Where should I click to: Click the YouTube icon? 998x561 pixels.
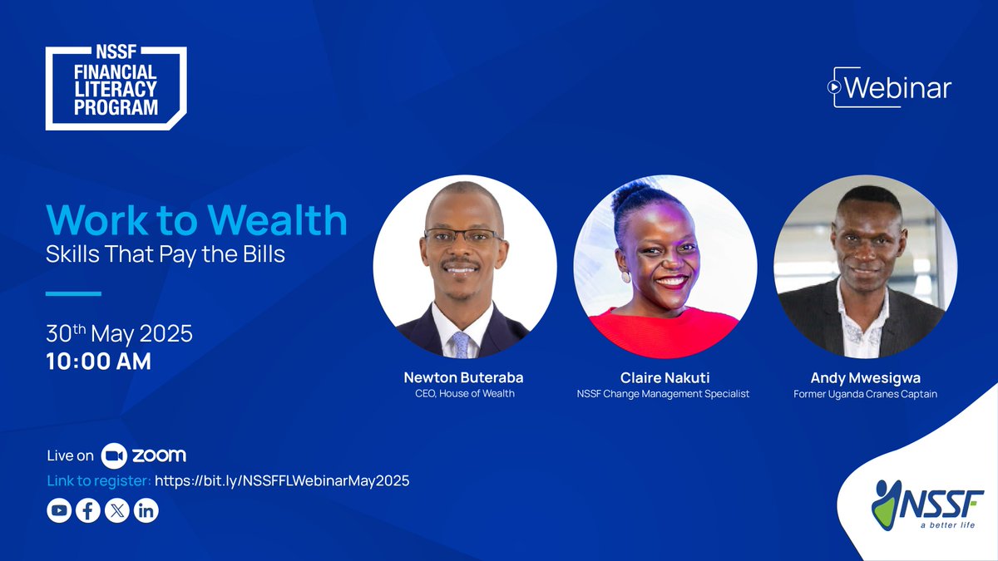[59, 510]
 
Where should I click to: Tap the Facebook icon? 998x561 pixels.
[88, 510]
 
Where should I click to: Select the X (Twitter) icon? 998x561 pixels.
[117, 510]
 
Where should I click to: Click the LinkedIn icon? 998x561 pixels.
[146, 510]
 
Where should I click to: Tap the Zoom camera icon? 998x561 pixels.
[113, 455]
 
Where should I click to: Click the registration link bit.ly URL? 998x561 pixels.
[282, 480]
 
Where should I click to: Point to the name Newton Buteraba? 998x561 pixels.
[464, 377]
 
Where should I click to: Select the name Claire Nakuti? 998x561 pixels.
[662, 377]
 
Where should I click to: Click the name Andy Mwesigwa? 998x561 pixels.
[865, 377]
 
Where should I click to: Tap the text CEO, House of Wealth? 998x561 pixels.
[464, 393]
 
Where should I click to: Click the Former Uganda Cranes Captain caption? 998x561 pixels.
[865, 394]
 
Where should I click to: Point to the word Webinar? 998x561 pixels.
[898, 88]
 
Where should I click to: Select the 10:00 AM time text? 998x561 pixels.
[98, 362]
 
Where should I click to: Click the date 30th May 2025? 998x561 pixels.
[119, 334]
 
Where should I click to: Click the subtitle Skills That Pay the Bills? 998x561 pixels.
[165, 254]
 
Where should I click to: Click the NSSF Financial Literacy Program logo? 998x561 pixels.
[116, 88]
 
